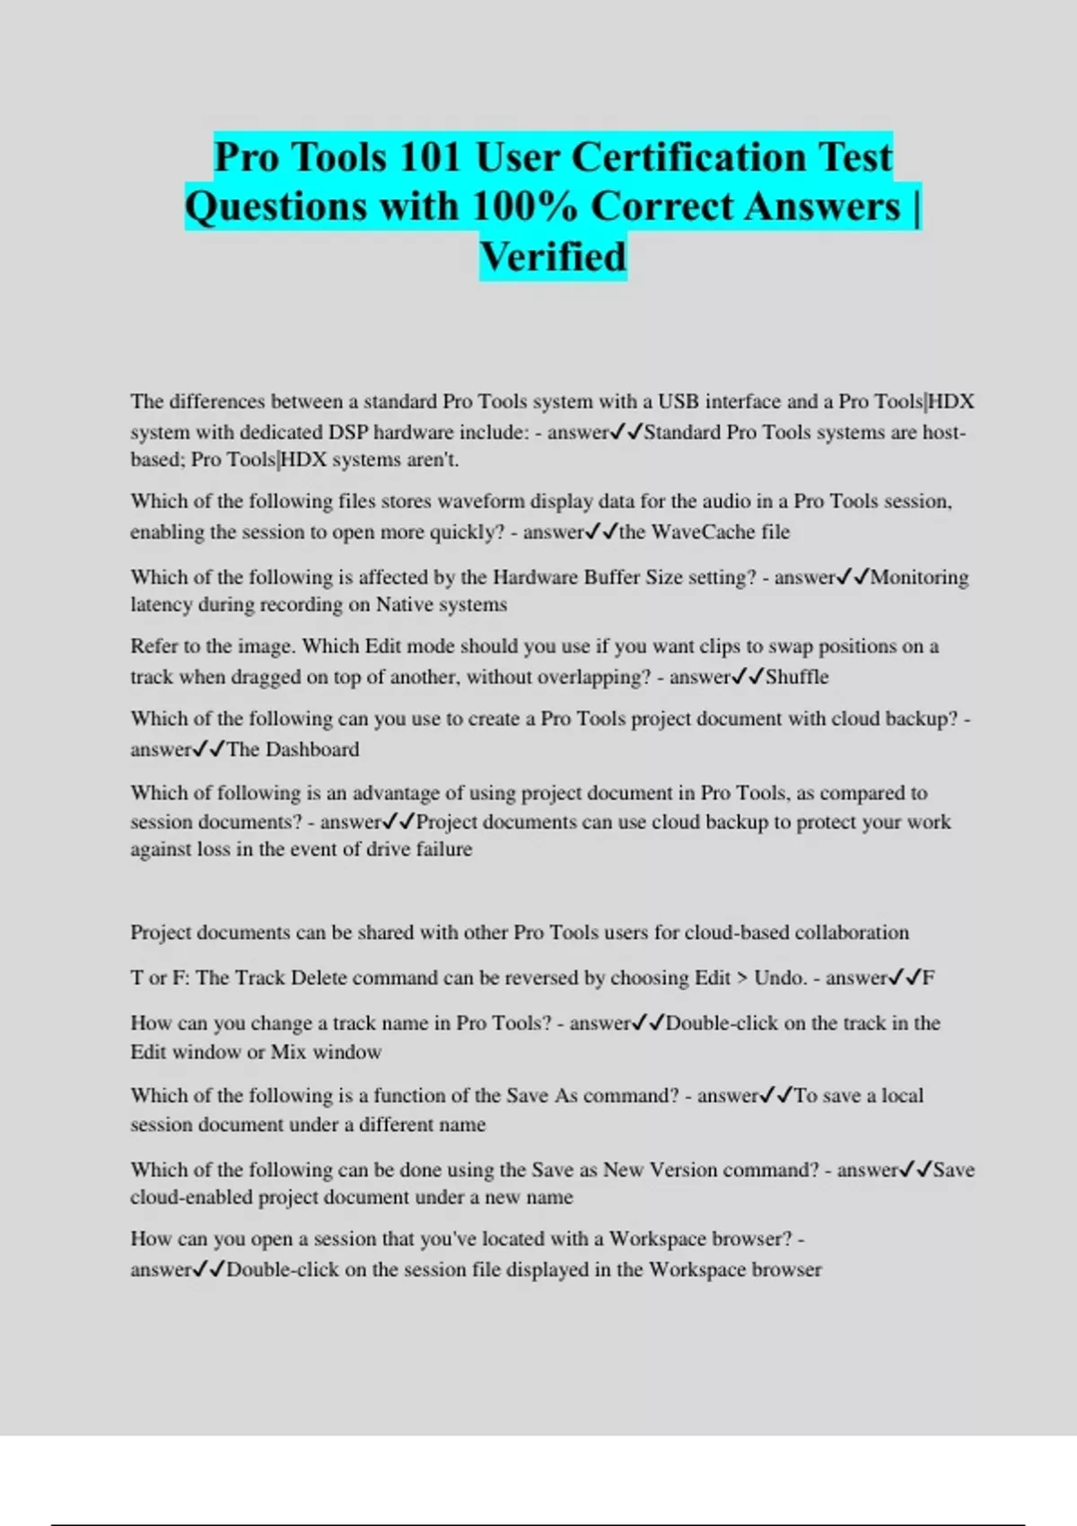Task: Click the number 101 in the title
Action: coord(429,158)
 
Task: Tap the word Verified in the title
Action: coord(553,258)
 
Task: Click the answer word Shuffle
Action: coord(797,677)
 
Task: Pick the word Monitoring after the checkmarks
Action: coord(919,577)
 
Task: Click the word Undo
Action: coord(779,978)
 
